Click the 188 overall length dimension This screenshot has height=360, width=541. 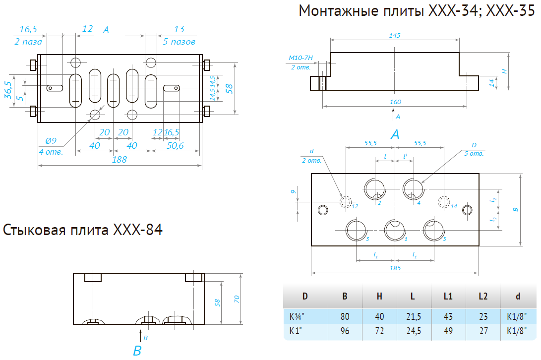(x=120, y=159)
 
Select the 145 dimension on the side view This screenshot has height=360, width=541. (x=395, y=35)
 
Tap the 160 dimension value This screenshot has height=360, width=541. (x=395, y=102)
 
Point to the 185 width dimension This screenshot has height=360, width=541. (x=395, y=268)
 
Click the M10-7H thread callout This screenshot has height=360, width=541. (x=300, y=58)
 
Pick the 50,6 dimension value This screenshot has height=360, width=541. (x=175, y=145)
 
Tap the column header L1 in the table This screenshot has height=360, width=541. (x=448, y=297)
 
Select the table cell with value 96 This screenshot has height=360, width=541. (x=345, y=331)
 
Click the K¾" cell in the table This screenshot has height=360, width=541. (x=297, y=316)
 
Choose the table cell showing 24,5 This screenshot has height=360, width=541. (x=413, y=331)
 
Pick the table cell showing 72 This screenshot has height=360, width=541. (x=379, y=331)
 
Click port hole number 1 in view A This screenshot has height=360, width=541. (x=395, y=229)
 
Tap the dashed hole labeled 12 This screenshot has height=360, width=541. (x=346, y=201)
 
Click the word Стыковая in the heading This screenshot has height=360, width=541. (x=35, y=231)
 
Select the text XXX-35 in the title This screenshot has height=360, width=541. (x=511, y=11)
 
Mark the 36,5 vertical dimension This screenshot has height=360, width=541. (x=8, y=90)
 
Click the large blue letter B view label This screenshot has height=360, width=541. (x=137, y=351)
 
